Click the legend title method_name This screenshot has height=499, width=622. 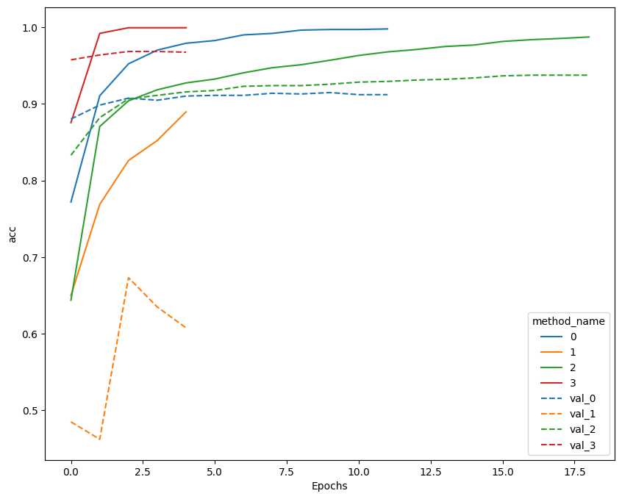point(568,321)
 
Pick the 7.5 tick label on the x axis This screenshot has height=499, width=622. point(287,472)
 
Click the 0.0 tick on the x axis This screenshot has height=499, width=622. point(71,472)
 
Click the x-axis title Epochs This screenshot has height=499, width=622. point(329,486)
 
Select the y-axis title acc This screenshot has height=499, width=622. point(12,234)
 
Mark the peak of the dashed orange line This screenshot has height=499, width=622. point(129,278)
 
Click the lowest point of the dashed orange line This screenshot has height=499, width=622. point(100,439)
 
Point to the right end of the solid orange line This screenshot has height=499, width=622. point(186,112)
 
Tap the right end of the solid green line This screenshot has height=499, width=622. point(589,37)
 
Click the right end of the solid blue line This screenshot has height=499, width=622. point(387,29)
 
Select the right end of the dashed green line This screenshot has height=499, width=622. point(589,75)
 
